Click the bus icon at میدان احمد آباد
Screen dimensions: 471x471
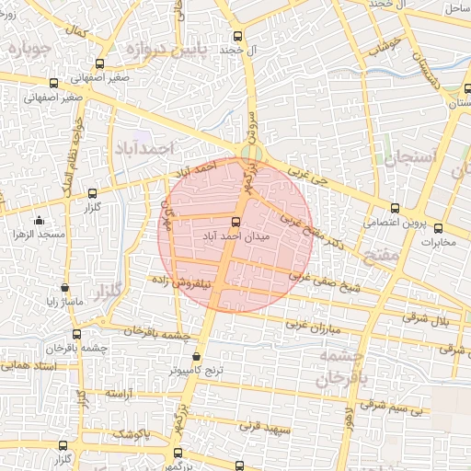[x=236, y=222]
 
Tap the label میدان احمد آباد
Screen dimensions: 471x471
[x=235, y=236]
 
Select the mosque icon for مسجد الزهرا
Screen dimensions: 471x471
[x=39, y=221]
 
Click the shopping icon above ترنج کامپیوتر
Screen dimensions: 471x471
[x=196, y=357]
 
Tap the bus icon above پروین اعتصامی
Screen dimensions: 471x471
[x=396, y=208]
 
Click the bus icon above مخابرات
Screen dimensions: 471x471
[x=438, y=229]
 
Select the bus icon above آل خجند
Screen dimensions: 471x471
[x=238, y=36]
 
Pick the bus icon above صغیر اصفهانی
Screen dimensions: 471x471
[x=100, y=63]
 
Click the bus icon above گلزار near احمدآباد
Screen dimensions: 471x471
[x=91, y=194]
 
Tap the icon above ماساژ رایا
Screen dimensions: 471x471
[x=64, y=287]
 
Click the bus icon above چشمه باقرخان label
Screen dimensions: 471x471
[x=76, y=335]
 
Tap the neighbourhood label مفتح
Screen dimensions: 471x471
[x=381, y=254]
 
